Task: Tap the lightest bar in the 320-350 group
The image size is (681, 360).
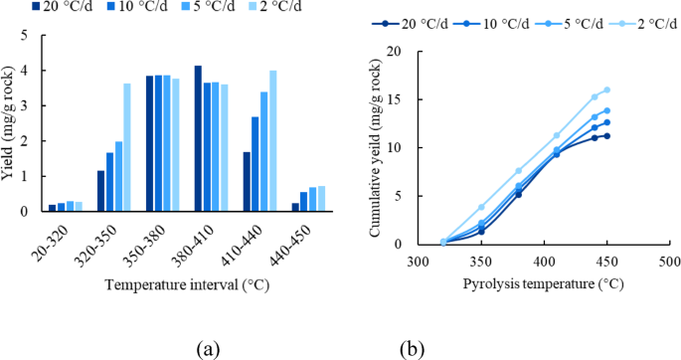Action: (126, 147)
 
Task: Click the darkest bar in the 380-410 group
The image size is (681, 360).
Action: (198, 138)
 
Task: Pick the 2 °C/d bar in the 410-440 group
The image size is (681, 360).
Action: (272, 141)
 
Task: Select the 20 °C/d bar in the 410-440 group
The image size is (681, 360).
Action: (245, 181)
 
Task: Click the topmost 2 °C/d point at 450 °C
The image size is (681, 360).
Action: (606, 90)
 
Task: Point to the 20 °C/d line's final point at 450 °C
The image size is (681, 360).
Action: (606, 135)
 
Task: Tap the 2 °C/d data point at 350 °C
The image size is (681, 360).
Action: (481, 207)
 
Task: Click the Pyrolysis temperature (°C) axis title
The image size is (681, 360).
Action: (543, 284)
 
